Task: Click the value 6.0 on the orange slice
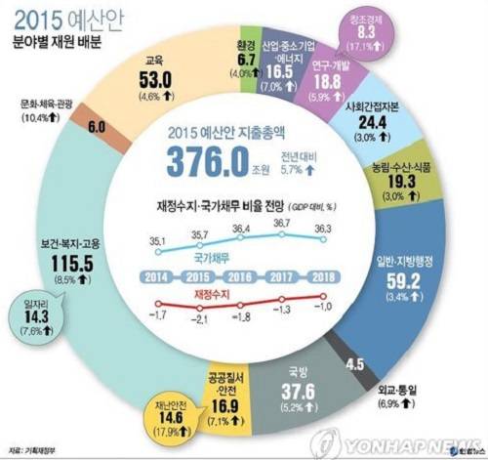[98, 127]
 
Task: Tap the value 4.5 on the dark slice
[357, 365]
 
